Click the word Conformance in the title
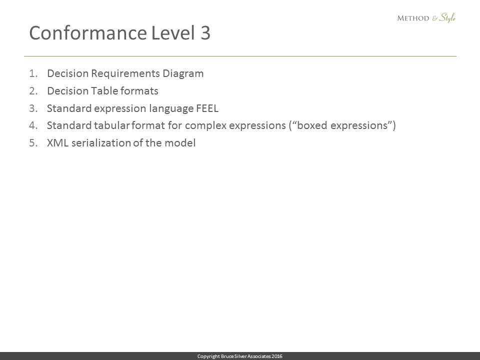[88, 33]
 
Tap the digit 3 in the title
[205, 33]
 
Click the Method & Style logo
[426, 18]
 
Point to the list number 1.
[33, 73]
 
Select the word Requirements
[125, 74]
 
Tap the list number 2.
[33, 91]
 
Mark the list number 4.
[33, 125]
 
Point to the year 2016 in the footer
[277, 356]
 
